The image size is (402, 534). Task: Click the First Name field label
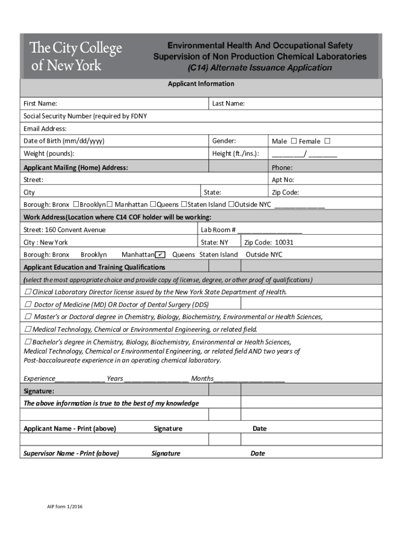pyautogui.click(x=40, y=104)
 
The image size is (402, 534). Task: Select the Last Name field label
pyautogui.click(x=228, y=104)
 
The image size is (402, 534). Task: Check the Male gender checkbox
pyautogui.click(x=293, y=141)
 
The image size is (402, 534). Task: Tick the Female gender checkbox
pyautogui.click(x=327, y=141)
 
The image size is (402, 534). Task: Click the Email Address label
pyautogui.click(x=45, y=129)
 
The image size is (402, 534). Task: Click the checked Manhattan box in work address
pyautogui.click(x=160, y=254)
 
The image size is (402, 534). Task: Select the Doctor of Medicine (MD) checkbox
pyautogui.click(x=28, y=304)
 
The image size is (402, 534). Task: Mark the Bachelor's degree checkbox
pyautogui.click(x=28, y=342)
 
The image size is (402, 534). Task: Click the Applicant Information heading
pyautogui.click(x=201, y=84)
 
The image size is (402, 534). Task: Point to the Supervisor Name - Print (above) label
pyautogui.click(x=71, y=454)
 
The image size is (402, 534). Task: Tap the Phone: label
pyautogui.click(x=282, y=168)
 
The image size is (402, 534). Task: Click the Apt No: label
pyautogui.click(x=283, y=180)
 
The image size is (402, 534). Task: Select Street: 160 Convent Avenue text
pyautogui.click(x=64, y=230)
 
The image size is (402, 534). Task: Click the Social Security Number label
pyautogui.click(x=85, y=116)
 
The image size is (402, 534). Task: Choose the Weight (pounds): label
pyautogui.click(x=49, y=154)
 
